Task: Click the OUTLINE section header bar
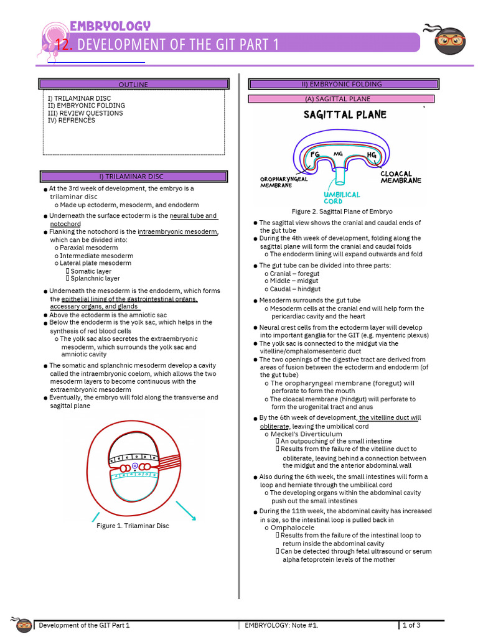click(x=133, y=84)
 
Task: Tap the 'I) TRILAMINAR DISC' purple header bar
click(x=133, y=177)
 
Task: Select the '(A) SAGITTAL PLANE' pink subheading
click(x=341, y=99)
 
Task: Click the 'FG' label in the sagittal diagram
click(x=315, y=154)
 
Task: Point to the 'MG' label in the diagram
click(x=339, y=153)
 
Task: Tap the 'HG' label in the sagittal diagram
click(x=372, y=155)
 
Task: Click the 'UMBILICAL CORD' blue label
click(x=342, y=198)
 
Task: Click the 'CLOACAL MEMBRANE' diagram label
click(x=401, y=177)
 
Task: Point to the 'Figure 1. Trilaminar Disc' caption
click(x=133, y=526)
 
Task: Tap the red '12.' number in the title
click(x=65, y=45)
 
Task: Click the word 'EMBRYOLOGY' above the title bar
click(x=110, y=26)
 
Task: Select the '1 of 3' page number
click(x=411, y=625)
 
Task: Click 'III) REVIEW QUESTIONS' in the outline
click(x=85, y=113)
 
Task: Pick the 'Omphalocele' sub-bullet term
click(x=293, y=528)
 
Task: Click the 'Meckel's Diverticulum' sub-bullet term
click(x=306, y=434)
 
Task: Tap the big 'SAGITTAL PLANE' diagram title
click(x=345, y=114)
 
